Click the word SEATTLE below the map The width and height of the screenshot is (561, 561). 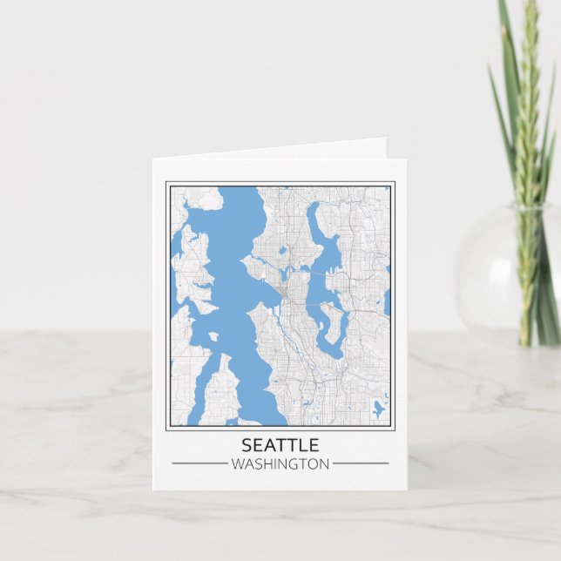[280, 445]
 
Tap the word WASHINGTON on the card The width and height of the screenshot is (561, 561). [280, 464]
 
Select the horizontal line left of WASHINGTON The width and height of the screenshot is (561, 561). [199, 463]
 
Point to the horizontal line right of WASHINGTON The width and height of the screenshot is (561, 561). [361, 463]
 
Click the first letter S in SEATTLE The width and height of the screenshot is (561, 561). [246, 445]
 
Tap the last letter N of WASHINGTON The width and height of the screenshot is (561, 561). [324, 464]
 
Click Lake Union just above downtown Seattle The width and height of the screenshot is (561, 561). [288, 276]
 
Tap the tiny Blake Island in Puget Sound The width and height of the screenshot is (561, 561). [213, 336]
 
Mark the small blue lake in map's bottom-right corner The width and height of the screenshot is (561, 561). [377, 408]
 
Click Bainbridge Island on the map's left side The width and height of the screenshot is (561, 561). [193, 270]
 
